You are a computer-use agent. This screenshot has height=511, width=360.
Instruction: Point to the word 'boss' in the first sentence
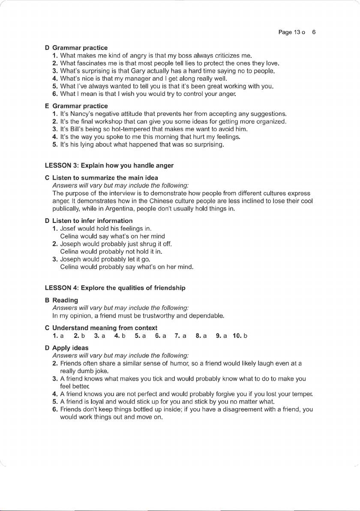185,55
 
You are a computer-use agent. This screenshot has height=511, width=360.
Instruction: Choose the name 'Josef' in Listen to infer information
69,228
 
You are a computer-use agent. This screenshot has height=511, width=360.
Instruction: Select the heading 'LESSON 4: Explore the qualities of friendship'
115,288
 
